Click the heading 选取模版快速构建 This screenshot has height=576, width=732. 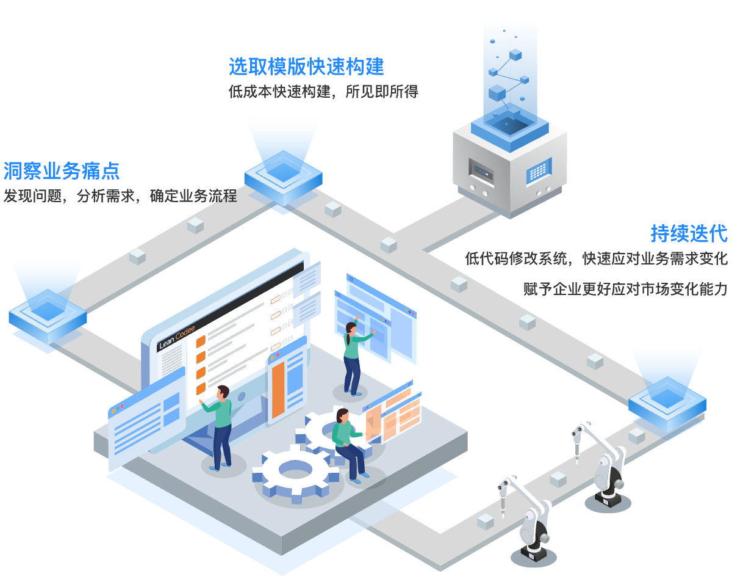pyautogui.click(x=306, y=67)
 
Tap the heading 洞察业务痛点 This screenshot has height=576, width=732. pyautogui.click(x=62, y=170)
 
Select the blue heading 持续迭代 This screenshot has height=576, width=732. pyautogui.click(x=689, y=233)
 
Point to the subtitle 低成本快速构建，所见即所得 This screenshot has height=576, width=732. pyautogui.click(x=323, y=92)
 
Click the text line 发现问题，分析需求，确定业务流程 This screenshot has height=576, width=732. pyautogui.click(x=120, y=196)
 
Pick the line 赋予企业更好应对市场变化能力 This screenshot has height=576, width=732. pyautogui.click(x=625, y=289)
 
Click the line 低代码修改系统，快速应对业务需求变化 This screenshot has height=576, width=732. pyautogui.click(x=596, y=258)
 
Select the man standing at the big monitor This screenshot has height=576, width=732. pyautogui.click(x=219, y=428)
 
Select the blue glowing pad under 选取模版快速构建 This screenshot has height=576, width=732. pyautogui.click(x=283, y=178)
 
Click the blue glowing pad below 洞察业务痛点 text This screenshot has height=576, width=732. pyautogui.click(x=48, y=316)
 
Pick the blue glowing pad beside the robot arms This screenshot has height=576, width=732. pyautogui.click(x=667, y=404)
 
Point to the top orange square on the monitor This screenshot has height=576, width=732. pyautogui.click(x=201, y=341)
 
